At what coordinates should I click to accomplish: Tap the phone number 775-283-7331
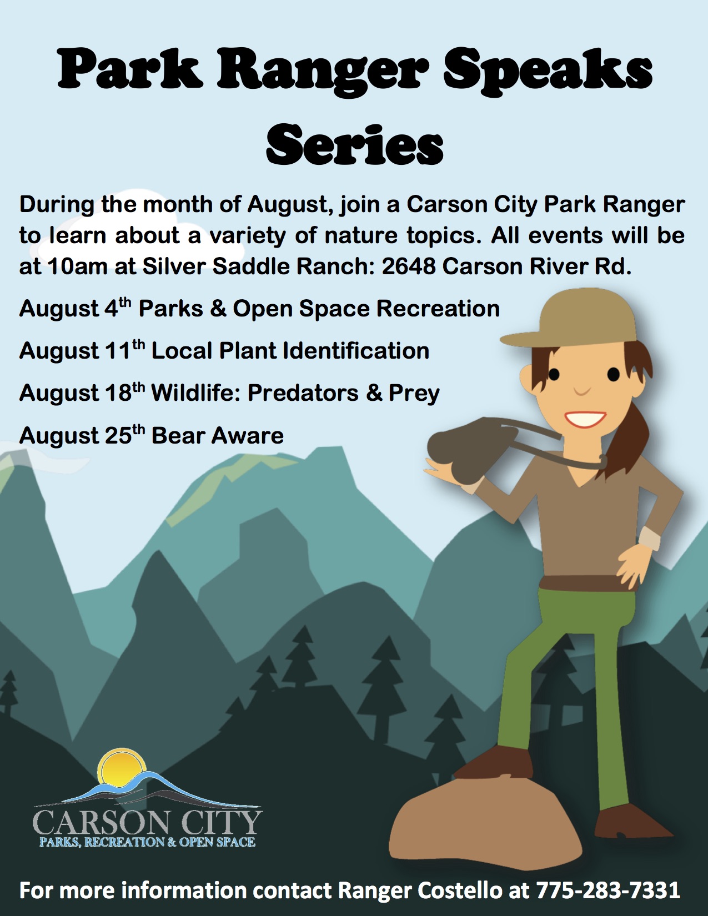tap(607, 890)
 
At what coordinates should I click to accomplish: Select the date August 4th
tap(69, 309)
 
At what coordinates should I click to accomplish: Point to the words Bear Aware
tap(217, 436)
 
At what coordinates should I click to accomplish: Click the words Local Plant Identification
tap(290, 351)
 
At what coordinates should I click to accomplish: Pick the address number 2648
tap(408, 267)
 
